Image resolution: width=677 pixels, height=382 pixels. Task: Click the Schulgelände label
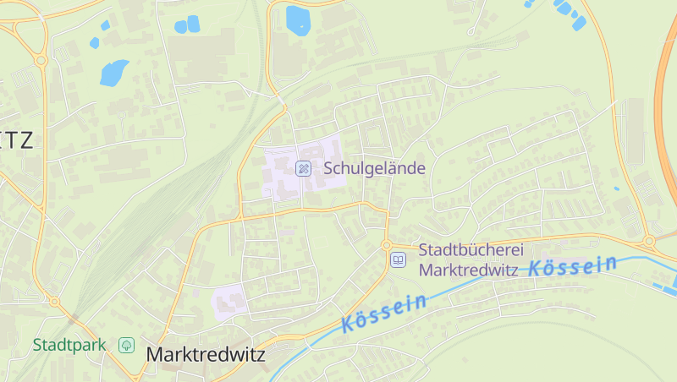point(374,168)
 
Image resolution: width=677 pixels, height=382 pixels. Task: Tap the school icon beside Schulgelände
point(303,168)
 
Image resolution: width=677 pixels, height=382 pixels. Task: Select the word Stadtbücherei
point(472,250)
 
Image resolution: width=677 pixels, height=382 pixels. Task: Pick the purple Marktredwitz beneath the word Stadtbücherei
point(469,270)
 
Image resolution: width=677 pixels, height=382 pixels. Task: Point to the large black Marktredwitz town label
point(206,355)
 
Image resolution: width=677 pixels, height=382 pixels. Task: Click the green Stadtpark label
point(69,345)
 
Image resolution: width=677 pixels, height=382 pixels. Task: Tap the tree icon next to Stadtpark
point(126,345)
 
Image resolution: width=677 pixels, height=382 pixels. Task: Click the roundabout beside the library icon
point(387,245)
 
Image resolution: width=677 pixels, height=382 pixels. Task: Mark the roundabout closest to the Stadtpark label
point(54,302)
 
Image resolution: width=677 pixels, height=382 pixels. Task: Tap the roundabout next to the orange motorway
point(648,241)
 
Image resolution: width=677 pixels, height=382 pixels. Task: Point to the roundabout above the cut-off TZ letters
point(40,60)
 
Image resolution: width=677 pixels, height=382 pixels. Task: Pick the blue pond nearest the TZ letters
point(113,73)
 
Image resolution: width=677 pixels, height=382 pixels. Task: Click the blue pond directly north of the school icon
point(298,19)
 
